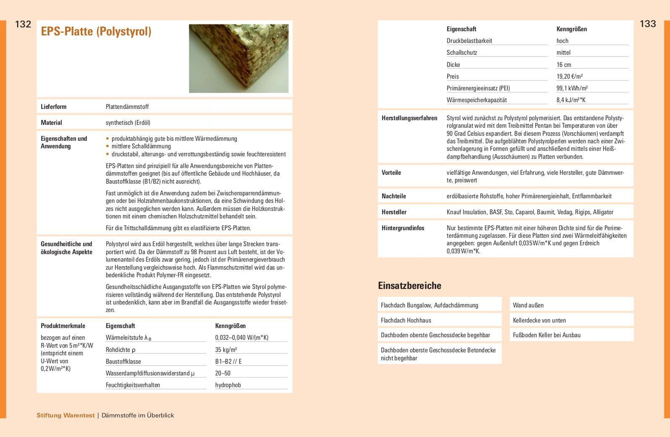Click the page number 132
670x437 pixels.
tap(23, 24)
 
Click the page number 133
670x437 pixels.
tap(647, 24)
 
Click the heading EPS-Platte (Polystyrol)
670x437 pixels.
tap(96, 31)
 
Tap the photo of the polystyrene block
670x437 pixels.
tap(239, 58)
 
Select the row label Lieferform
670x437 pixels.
tap(54, 107)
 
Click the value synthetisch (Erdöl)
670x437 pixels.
tap(128, 123)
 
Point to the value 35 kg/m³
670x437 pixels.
tap(226, 350)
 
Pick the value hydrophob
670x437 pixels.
tap(228, 385)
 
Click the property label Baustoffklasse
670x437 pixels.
tap(123, 362)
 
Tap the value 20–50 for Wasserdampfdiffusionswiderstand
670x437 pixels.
tap(222, 373)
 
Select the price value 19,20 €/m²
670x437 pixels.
tap(569, 76)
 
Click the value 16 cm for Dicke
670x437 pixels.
tap(564, 65)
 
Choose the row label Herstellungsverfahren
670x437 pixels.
tap(409, 118)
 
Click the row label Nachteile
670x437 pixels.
tap(394, 196)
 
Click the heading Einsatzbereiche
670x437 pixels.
tap(409, 286)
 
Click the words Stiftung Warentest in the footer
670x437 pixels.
tap(66, 415)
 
